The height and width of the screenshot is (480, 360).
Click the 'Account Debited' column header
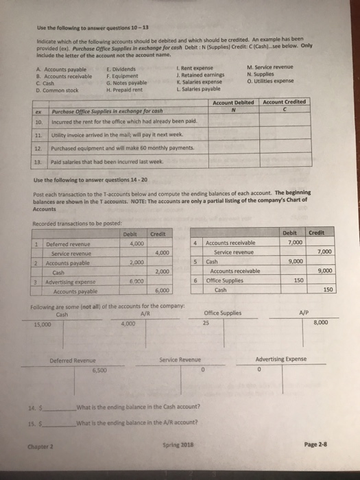click(x=234, y=102)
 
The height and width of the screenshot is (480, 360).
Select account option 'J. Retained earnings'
click(x=197, y=75)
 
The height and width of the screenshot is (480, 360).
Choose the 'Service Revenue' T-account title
click(x=179, y=359)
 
